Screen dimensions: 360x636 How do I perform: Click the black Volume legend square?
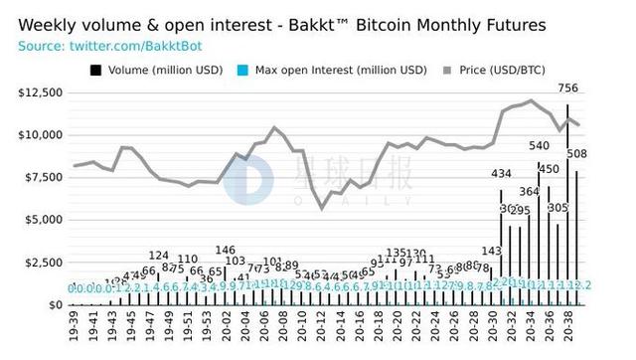point(95,70)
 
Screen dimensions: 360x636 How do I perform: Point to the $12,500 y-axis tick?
point(40,92)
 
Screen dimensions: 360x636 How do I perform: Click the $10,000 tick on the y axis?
point(40,135)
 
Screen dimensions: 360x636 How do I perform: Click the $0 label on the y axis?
point(54,305)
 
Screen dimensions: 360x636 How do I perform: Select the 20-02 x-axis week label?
point(226,327)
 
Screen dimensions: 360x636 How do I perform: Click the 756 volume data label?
point(568,89)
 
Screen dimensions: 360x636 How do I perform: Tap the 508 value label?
point(576,153)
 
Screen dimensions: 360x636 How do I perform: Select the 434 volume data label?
point(502,174)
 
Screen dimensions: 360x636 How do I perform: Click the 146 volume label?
point(226,251)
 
